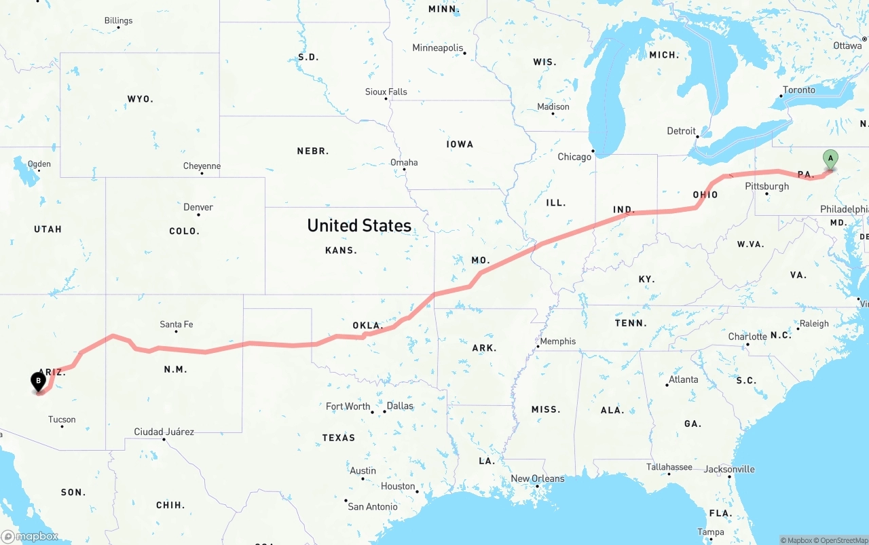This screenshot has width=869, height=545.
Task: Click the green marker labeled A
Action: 830,159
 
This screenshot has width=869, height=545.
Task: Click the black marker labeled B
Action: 39,381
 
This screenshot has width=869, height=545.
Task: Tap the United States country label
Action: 359,225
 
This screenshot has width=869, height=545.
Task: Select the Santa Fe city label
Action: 176,324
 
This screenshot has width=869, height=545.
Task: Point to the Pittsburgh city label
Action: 766,187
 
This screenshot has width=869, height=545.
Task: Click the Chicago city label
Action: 574,157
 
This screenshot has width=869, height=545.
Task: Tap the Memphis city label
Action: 557,341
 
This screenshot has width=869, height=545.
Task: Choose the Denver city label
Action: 198,207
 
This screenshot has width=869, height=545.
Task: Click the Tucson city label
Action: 62,419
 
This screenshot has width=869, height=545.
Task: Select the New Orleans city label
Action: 537,478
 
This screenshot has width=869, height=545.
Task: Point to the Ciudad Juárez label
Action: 164,432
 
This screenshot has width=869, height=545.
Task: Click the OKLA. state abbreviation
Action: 368,325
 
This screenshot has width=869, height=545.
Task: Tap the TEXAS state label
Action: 338,438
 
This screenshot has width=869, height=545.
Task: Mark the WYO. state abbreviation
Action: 141,99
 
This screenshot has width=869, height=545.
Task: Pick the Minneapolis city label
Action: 438,48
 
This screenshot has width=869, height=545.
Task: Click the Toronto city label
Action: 799,90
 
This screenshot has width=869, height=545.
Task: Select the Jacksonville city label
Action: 729,469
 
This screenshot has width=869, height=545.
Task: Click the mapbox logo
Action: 30,536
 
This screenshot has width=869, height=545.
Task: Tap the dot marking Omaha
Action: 405,170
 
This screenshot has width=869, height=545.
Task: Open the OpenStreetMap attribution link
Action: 843,540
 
